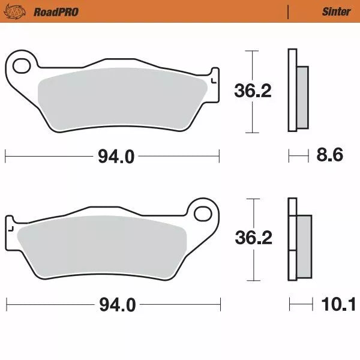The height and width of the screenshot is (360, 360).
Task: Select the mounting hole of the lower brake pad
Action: click(204, 214)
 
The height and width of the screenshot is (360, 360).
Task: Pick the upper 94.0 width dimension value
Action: click(116, 157)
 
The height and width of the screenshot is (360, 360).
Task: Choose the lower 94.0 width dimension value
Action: click(116, 306)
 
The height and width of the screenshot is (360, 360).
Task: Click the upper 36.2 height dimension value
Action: click(252, 91)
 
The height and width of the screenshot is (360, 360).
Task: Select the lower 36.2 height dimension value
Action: click(253, 238)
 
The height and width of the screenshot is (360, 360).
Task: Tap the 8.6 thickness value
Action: click(329, 156)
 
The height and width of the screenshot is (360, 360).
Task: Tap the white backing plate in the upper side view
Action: click(292, 90)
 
